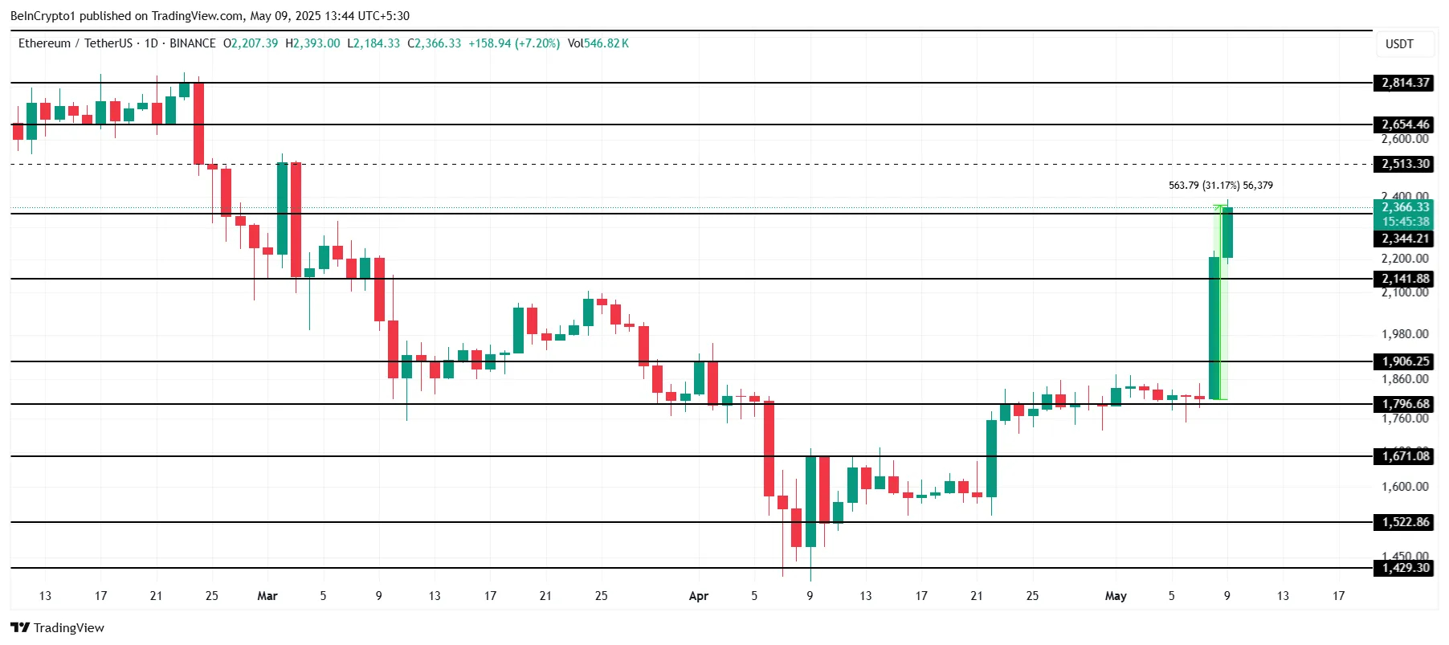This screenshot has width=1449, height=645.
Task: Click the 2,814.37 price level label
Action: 1404,83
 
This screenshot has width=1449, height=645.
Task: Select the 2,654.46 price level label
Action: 1404,125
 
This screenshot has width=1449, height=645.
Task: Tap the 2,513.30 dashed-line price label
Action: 1404,164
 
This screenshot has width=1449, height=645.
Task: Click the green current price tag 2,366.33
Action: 1404,208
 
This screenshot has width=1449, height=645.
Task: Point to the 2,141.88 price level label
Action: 1404,279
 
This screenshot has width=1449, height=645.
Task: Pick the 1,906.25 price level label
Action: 1404,361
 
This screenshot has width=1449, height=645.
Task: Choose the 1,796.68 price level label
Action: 1404,404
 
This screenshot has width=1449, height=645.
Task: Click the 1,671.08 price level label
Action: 1404,456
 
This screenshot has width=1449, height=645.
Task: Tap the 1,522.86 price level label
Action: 1404,522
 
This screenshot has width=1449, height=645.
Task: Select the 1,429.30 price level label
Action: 1404,568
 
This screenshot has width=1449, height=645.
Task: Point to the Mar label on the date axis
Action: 267,596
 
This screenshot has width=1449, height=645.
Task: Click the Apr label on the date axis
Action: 698,596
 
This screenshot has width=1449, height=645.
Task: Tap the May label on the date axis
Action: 1115,596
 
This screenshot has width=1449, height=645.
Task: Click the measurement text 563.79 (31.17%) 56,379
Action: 1220,186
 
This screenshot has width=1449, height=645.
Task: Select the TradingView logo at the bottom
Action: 57,627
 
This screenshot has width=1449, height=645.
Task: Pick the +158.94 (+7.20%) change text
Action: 514,43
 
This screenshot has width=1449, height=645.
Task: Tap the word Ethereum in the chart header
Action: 44,43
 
